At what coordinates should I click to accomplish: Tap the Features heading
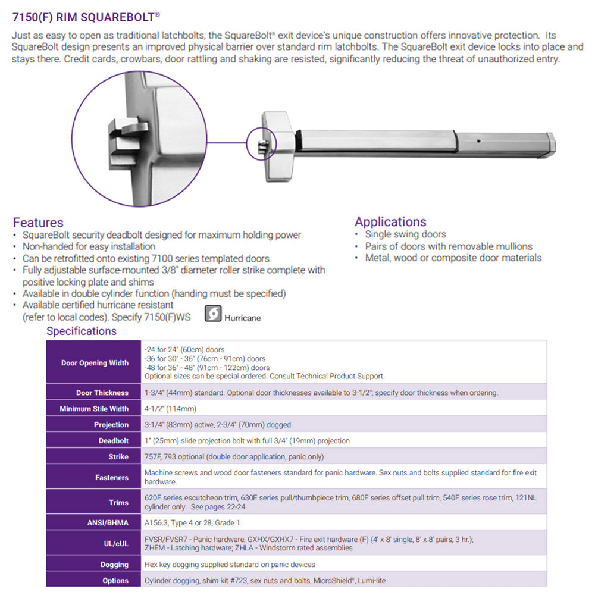pos(38,223)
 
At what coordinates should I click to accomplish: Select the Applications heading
pos(390,222)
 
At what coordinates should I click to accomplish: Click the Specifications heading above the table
pos(82,331)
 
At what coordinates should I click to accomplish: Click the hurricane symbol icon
pos(213,314)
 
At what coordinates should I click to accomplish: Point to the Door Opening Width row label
pos(95,363)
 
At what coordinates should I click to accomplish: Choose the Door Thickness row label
pos(102,393)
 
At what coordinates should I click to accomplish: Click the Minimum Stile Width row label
pos(94,409)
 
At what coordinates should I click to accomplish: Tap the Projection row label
pos(111,425)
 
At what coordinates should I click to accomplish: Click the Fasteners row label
pos(111,477)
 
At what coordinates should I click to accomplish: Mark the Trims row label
pos(118,503)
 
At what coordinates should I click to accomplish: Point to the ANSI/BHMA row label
pos(107,523)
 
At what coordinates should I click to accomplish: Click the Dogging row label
pos(114,565)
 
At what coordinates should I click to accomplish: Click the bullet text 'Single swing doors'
pos(405,234)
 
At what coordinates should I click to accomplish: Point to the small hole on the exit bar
pos(479,140)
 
